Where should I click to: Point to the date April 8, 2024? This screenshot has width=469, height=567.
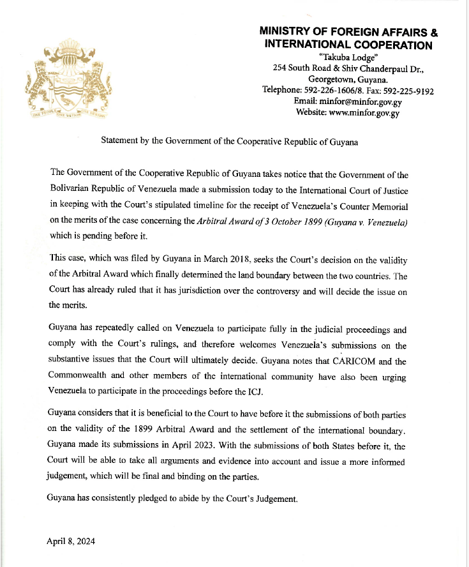[x=71, y=541]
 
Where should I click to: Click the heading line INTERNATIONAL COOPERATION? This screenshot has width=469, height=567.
[x=348, y=45]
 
